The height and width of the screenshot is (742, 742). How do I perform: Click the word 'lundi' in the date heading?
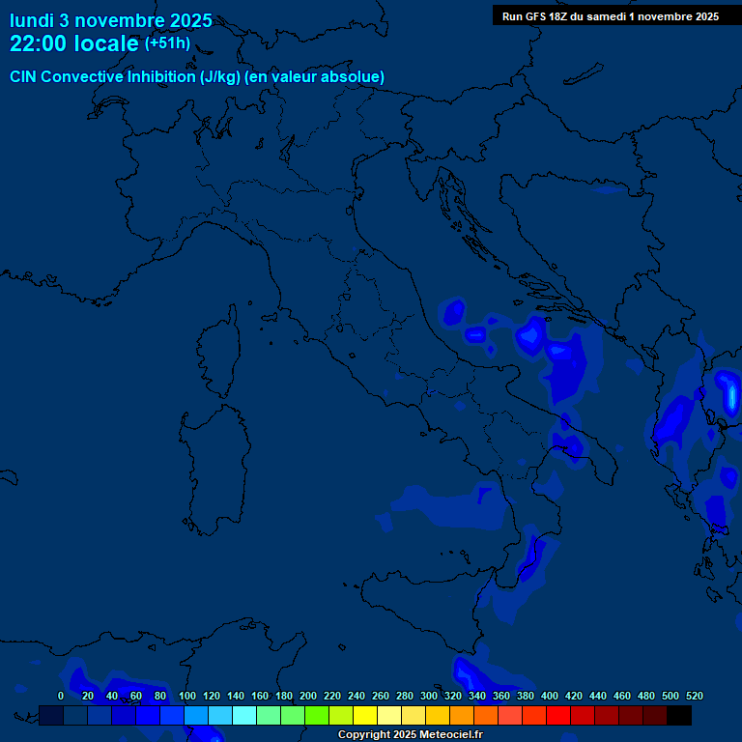pyautogui.click(x=31, y=20)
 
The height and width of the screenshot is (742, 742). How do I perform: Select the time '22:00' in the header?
pyautogui.click(x=39, y=43)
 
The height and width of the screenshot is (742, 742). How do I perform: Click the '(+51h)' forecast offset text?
pyautogui.click(x=167, y=43)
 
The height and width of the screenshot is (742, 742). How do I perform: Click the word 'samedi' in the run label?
pyautogui.click(x=608, y=16)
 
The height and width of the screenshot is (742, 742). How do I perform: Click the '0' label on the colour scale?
pyautogui.click(x=61, y=696)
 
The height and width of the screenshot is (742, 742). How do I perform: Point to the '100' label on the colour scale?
pyautogui.click(x=187, y=696)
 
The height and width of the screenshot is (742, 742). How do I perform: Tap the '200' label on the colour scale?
pyautogui.click(x=308, y=696)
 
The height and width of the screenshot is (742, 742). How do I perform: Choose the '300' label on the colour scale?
pyautogui.click(x=429, y=696)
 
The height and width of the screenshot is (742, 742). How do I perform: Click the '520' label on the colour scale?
pyautogui.click(x=695, y=696)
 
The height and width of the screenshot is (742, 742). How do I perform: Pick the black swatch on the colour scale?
pyautogui.click(x=679, y=715)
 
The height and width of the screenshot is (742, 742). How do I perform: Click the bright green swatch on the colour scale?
pyautogui.click(x=317, y=715)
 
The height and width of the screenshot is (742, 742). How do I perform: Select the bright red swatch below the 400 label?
pyautogui.click(x=558, y=715)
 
